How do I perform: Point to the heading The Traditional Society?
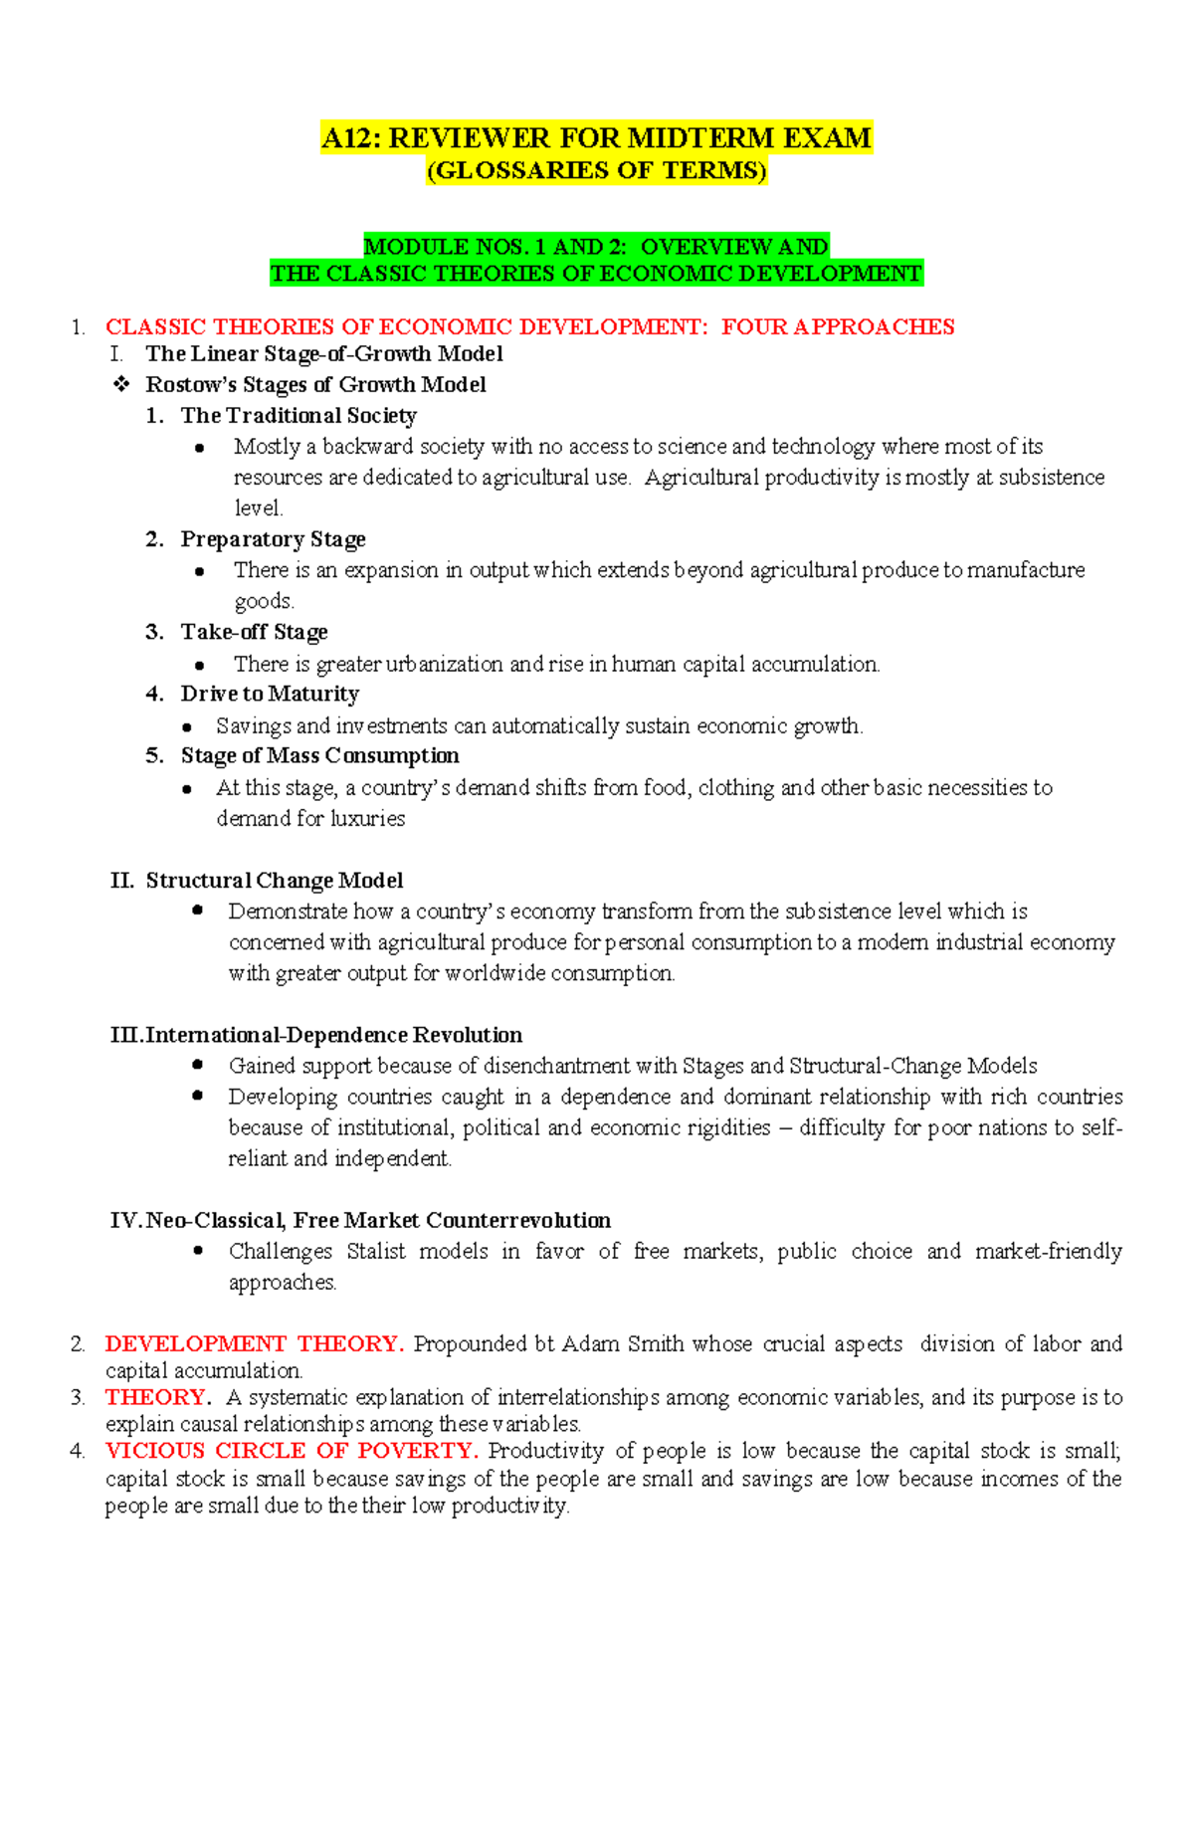click(x=298, y=416)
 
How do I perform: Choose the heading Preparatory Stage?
click(x=273, y=539)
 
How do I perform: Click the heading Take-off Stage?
click(x=254, y=632)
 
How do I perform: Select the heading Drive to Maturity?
click(x=269, y=694)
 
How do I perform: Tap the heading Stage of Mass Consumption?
click(x=319, y=755)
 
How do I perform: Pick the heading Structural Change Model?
click(x=274, y=881)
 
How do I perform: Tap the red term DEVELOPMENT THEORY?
click(x=254, y=1344)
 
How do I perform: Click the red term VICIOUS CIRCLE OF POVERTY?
click(x=292, y=1451)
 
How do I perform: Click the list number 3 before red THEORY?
click(x=78, y=1398)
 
